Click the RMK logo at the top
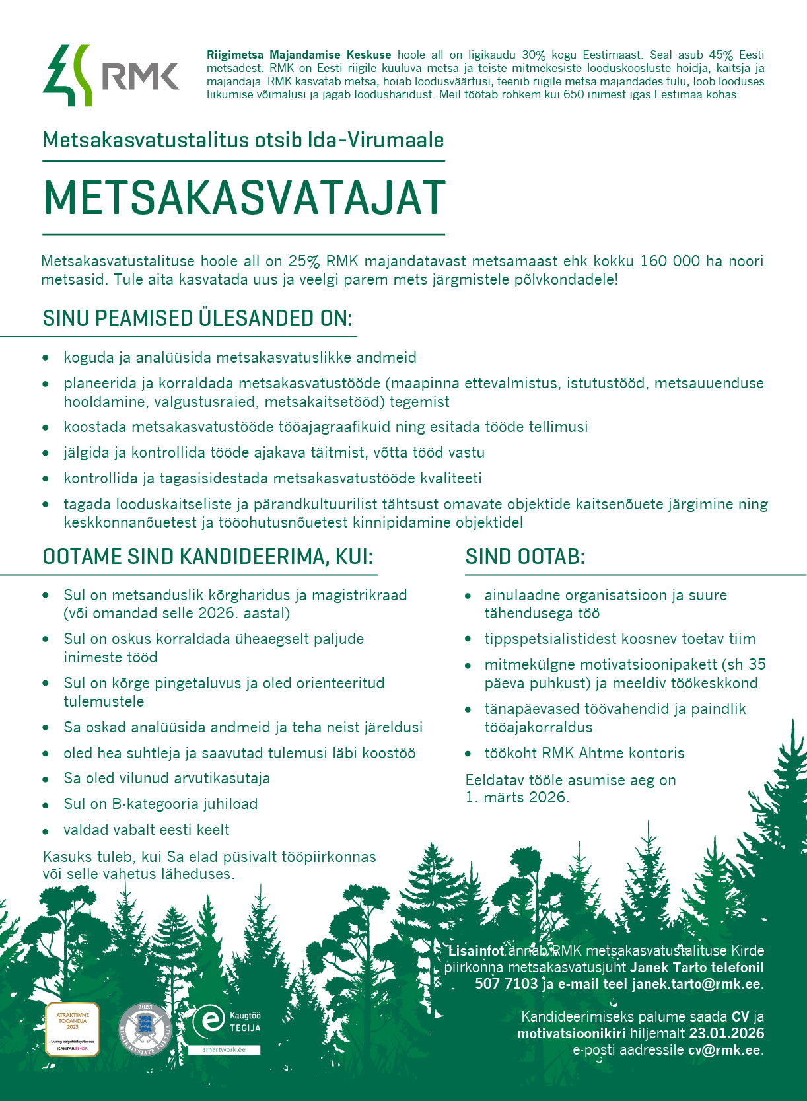click(111, 75)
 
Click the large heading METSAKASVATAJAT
click(244, 198)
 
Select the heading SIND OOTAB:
click(525, 557)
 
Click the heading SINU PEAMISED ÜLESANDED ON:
click(197, 318)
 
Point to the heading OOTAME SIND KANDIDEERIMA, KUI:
click(208, 557)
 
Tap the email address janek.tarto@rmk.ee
click(695, 984)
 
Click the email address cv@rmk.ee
click(724, 1050)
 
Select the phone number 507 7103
click(506, 984)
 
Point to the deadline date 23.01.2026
click(726, 1034)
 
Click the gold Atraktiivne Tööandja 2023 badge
click(72, 1029)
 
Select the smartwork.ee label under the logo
click(224, 1049)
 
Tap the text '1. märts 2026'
click(516, 797)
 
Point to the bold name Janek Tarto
click(668, 968)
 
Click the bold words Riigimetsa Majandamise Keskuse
click(298, 55)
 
